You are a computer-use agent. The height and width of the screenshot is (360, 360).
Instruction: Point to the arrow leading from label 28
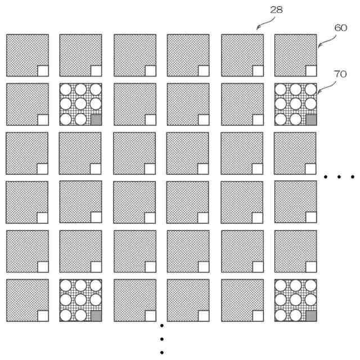click(x=264, y=23)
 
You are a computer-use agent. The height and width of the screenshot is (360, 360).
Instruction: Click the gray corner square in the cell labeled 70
click(x=310, y=120)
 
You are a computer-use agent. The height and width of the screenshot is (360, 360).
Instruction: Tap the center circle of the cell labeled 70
click(x=295, y=104)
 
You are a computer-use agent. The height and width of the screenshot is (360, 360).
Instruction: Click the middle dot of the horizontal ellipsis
click(x=339, y=177)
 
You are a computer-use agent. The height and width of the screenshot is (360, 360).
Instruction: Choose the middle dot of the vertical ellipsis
click(x=162, y=339)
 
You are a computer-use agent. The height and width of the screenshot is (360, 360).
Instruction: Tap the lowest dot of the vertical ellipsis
click(x=162, y=353)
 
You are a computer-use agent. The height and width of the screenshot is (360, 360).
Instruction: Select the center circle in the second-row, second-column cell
click(x=80, y=104)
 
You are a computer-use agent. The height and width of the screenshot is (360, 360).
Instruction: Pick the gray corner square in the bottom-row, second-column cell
click(x=96, y=316)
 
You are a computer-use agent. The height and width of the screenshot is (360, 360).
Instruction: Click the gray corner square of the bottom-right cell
click(x=310, y=316)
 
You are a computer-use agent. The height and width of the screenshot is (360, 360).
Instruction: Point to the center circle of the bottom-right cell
click(x=295, y=300)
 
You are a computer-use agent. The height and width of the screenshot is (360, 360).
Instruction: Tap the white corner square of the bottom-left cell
click(x=43, y=316)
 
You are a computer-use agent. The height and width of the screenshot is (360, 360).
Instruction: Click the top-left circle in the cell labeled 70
click(x=281, y=89)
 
